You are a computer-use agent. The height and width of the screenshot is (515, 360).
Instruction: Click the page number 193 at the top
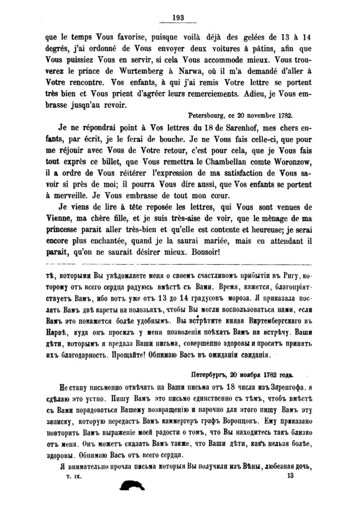[x=178, y=18]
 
